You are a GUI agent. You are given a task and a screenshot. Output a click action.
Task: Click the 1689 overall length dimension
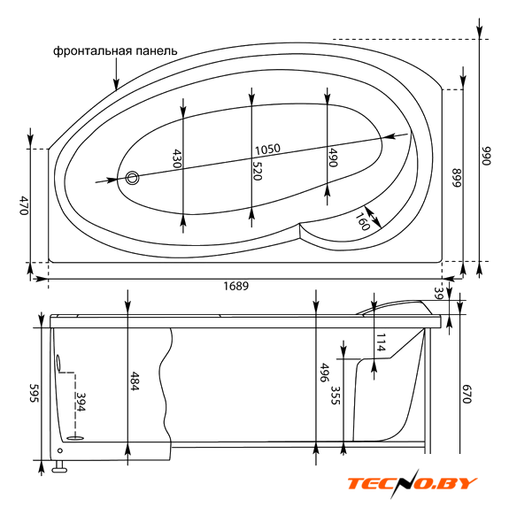pyautogui.click(x=236, y=286)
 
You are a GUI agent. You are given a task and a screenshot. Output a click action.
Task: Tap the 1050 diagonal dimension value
pyautogui.click(x=268, y=150)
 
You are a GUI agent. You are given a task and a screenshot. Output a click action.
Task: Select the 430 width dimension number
pyautogui.click(x=177, y=158)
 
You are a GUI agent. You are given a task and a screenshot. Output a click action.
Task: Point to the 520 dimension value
pyautogui.click(x=257, y=171)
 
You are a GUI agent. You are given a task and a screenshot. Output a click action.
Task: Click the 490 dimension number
pyautogui.click(x=333, y=158)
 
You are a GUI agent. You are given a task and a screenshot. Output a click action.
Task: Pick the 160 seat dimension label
pyautogui.click(x=363, y=221)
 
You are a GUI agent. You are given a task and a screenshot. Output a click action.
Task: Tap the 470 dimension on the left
pyautogui.click(x=24, y=205)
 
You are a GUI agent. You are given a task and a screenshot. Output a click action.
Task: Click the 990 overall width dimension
pyautogui.click(x=486, y=156)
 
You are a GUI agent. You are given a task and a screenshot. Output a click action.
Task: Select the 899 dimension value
pyautogui.click(x=457, y=178)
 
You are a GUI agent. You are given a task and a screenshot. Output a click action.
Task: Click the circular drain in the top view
pyautogui.click(x=132, y=178)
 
